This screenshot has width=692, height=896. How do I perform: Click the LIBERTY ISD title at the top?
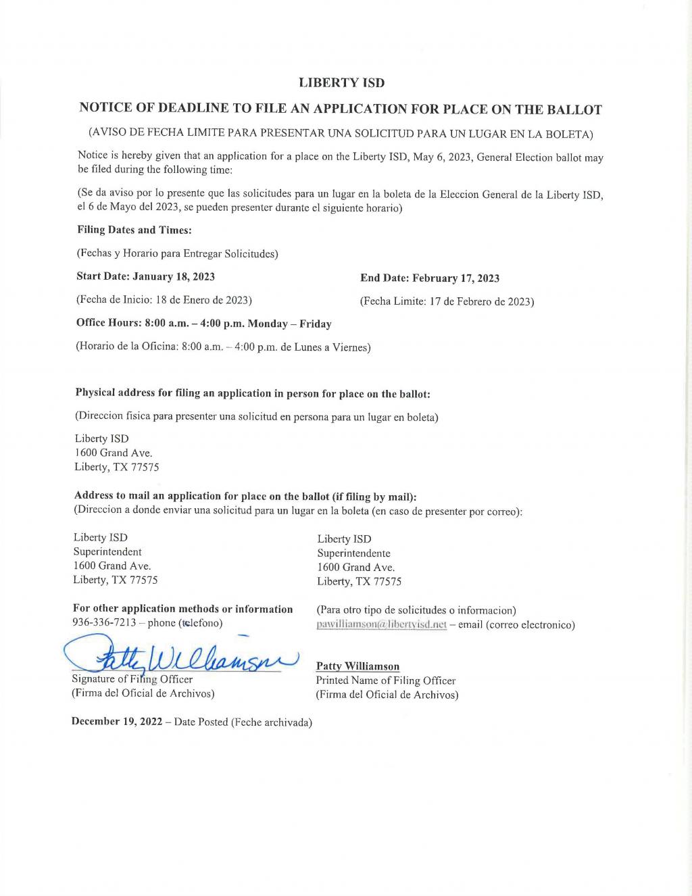point(341,83)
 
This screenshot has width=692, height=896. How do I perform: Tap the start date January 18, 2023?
point(174,276)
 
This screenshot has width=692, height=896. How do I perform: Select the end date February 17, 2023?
point(455,278)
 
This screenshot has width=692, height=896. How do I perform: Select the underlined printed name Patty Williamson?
point(357,666)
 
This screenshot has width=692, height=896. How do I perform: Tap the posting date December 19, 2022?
point(117,722)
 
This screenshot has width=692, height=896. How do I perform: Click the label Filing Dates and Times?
point(134,230)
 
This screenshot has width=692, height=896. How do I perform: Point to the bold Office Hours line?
point(203,324)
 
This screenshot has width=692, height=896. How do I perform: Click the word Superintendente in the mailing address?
point(353,553)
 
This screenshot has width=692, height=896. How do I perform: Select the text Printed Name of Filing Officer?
point(385,680)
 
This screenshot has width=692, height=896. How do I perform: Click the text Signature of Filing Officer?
point(132,679)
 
